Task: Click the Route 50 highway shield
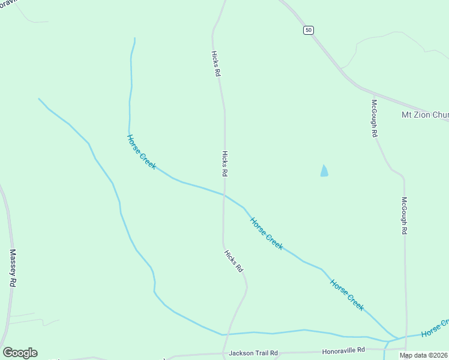tap(308, 30)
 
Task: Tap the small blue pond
tap(324, 171)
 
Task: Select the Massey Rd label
tap(12, 268)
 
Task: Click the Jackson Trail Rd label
tap(253, 353)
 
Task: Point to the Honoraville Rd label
tap(343, 350)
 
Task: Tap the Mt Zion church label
tap(424, 115)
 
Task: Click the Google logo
tap(20, 353)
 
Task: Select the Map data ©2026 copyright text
tap(424, 355)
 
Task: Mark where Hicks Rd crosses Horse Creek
tap(224, 195)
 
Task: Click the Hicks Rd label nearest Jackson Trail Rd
tap(234, 260)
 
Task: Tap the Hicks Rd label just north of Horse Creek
tap(225, 163)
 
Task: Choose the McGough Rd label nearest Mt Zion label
tap(374, 118)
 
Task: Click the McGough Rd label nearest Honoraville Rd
tap(405, 215)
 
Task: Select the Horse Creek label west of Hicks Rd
tap(141, 152)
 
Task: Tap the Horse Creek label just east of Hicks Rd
tap(267, 233)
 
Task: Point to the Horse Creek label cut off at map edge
tap(435, 328)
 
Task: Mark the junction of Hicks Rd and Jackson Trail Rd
tap(224, 353)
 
